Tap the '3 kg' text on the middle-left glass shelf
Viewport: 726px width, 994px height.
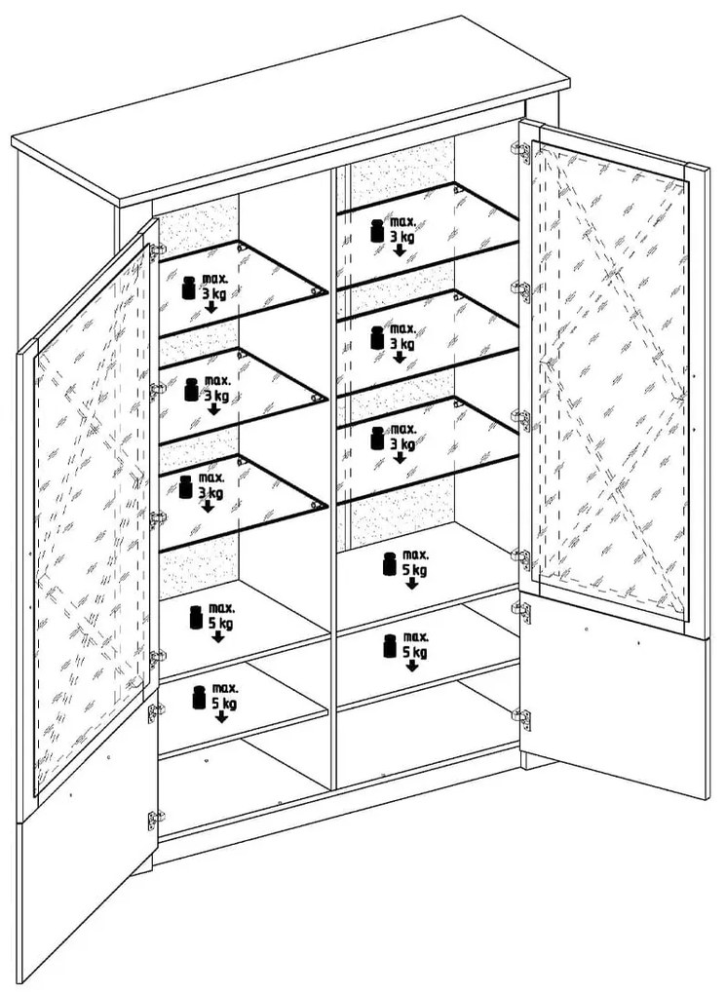(215, 397)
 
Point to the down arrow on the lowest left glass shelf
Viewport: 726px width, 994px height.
(208, 506)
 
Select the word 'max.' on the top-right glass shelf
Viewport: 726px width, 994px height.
(402, 222)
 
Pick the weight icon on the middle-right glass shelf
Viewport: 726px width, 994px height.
(377, 338)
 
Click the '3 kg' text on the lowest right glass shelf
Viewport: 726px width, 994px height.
(402, 443)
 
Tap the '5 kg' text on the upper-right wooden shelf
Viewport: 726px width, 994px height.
(415, 569)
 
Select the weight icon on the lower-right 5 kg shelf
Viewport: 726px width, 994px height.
(390, 645)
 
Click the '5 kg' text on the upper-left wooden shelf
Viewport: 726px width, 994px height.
(220, 623)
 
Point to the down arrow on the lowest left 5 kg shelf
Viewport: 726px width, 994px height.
(221, 716)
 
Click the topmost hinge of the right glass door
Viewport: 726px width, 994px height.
(521, 151)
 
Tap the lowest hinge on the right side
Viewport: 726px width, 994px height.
(521, 719)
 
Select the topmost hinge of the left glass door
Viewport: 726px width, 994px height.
(156, 250)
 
